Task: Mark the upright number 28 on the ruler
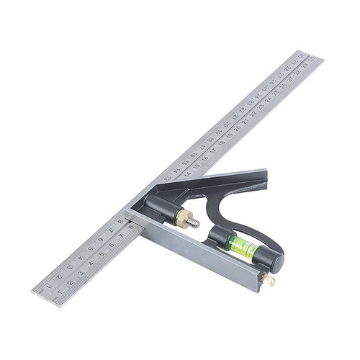(296, 72)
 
